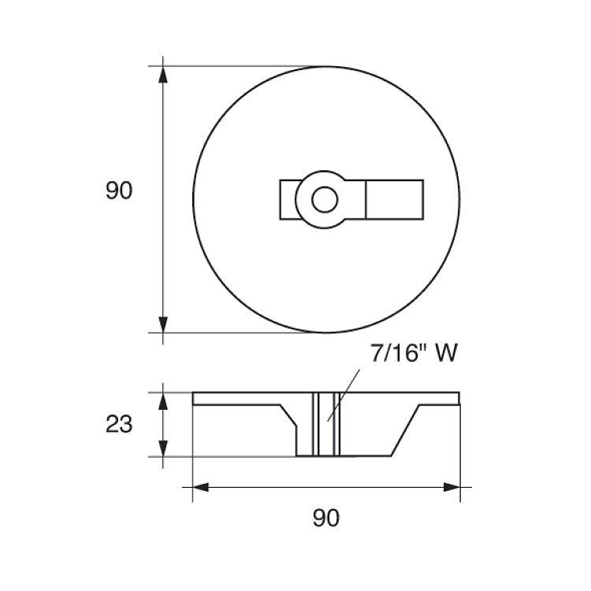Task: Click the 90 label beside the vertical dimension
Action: click(x=119, y=191)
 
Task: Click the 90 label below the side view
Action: click(x=326, y=518)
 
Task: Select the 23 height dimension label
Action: click(x=119, y=424)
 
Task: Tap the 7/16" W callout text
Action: click(x=414, y=353)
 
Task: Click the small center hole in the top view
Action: click(x=325, y=199)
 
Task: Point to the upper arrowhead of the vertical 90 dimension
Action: click(x=163, y=74)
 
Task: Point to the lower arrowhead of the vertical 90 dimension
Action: click(x=163, y=325)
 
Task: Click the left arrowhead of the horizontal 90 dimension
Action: click(x=201, y=487)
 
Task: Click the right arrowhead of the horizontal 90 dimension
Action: click(x=452, y=487)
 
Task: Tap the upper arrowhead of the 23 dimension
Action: click(x=163, y=401)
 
